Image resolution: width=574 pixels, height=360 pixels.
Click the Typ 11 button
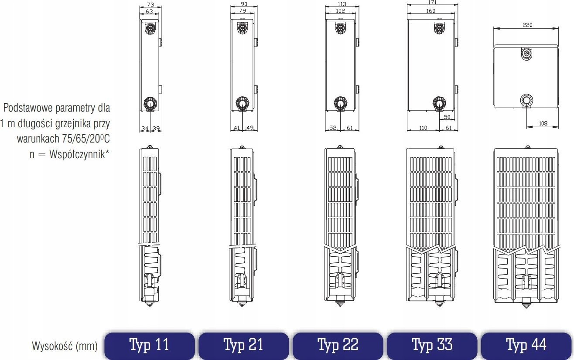[x=150, y=346]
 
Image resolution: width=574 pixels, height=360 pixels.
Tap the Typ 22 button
[x=338, y=346]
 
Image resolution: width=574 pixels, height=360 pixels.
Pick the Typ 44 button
[x=526, y=346]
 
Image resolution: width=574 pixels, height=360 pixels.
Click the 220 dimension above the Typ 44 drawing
[x=527, y=25]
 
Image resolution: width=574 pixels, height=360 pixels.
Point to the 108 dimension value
[x=543, y=123]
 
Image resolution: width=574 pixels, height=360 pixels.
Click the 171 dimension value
[x=432, y=3]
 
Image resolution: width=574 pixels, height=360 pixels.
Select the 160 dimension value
[x=431, y=11]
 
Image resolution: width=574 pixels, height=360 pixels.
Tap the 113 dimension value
[x=342, y=4]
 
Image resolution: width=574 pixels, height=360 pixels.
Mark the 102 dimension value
[x=340, y=11]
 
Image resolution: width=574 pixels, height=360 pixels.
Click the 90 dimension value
[x=244, y=4]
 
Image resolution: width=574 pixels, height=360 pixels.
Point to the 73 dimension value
[x=150, y=5]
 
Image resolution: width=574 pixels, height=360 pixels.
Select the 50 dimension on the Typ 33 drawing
[x=447, y=117]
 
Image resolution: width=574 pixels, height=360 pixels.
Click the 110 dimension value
[x=423, y=128]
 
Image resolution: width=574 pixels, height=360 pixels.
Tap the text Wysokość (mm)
[x=65, y=346]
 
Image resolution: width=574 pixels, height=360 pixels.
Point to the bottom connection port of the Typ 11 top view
[x=150, y=103]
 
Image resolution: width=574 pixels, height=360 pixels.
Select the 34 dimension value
[x=145, y=128]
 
